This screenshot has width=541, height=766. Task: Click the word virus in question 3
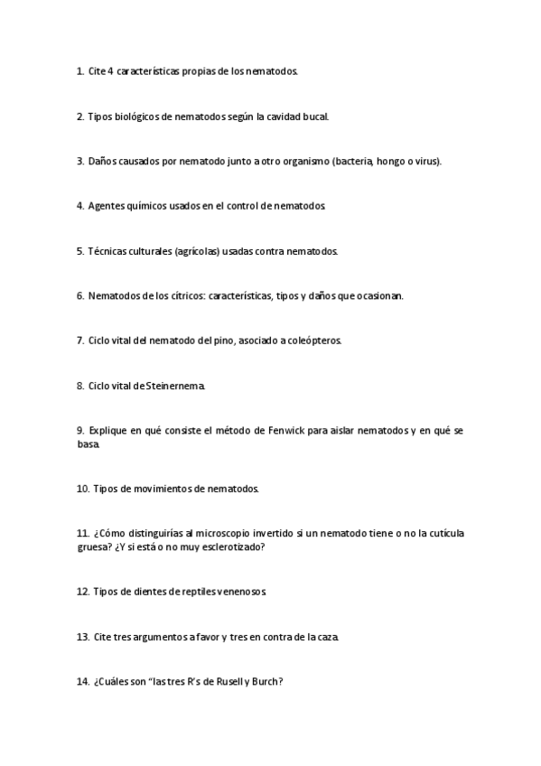(x=423, y=161)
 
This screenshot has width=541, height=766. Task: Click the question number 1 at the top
(x=80, y=71)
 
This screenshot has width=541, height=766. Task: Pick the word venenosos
(x=238, y=592)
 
